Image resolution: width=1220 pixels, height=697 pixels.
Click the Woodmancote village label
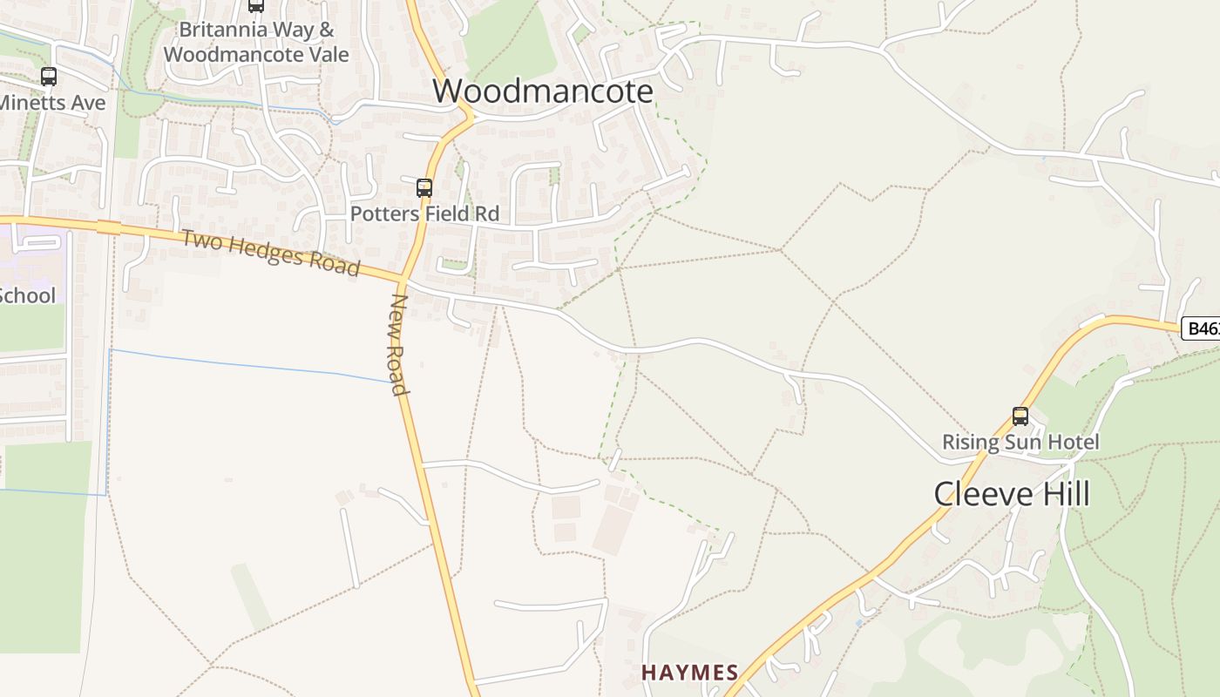[542, 91]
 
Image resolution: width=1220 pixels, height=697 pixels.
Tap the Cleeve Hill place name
[1012, 494]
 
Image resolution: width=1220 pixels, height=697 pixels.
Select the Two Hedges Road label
[270, 253]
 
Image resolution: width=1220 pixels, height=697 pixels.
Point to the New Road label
[399, 343]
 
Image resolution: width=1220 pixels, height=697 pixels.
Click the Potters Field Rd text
[424, 213]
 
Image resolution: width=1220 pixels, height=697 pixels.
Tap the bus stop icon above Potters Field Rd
[424, 187]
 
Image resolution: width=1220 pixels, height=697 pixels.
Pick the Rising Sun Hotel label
[1020, 442]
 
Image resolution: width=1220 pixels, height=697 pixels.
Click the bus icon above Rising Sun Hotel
[1020, 416]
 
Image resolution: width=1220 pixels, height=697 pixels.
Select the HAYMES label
[690, 673]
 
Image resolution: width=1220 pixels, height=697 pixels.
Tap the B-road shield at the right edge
[1202, 328]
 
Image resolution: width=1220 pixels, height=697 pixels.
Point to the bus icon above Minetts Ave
[49, 77]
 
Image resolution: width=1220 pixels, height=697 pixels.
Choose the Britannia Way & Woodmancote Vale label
[256, 42]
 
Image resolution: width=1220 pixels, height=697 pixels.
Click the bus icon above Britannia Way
[256, 5]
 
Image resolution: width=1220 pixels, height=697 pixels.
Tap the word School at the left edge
[26, 295]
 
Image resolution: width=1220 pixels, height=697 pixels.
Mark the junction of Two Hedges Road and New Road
[403, 280]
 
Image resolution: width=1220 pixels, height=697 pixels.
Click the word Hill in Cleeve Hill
[1062, 494]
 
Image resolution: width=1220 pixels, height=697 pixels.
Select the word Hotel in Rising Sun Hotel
[1074, 442]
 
